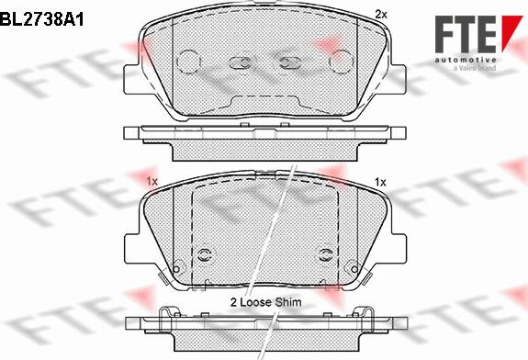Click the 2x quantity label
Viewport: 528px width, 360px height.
pyautogui.click(x=382, y=15)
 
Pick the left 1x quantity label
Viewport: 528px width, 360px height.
pyautogui.click(x=152, y=183)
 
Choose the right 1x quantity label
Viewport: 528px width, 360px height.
pyautogui.click(x=380, y=183)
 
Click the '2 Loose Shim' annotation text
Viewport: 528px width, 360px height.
pyautogui.click(x=264, y=300)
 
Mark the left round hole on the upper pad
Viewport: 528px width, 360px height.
pyautogui.click(x=188, y=62)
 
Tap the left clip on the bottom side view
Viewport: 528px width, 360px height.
pyautogui.click(x=164, y=319)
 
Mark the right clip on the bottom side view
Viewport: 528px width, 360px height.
pyautogui.click(x=366, y=319)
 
